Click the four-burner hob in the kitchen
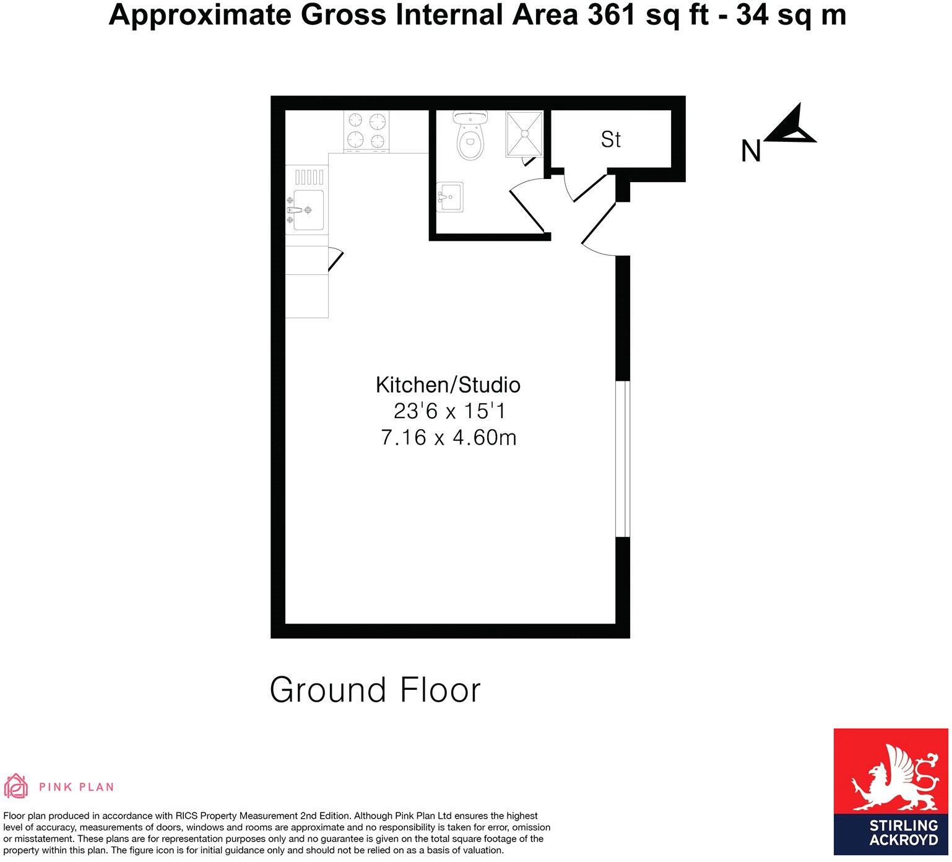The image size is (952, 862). tap(367, 131)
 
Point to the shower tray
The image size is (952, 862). tap(524, 134)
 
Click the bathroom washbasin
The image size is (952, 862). tap(450, 198)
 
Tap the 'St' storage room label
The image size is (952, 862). tap(610, 140)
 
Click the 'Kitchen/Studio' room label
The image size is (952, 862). tap(448, 385)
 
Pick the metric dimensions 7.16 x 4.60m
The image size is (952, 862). tap(448, 438)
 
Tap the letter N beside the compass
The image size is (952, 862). tap(750, 151)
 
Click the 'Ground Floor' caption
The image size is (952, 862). tap(375, 690)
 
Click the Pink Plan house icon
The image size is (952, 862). tap(16, 786)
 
